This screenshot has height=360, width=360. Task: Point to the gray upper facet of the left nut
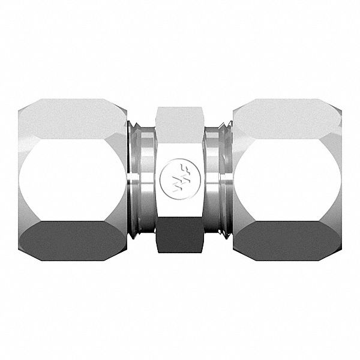(x=72, y=117)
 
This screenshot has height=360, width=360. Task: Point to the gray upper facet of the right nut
(x=287, y=117)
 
